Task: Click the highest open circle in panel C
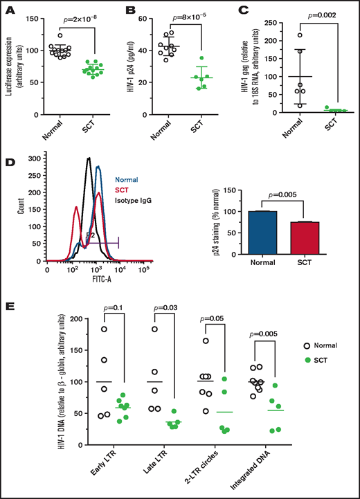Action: click(280, 35)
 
